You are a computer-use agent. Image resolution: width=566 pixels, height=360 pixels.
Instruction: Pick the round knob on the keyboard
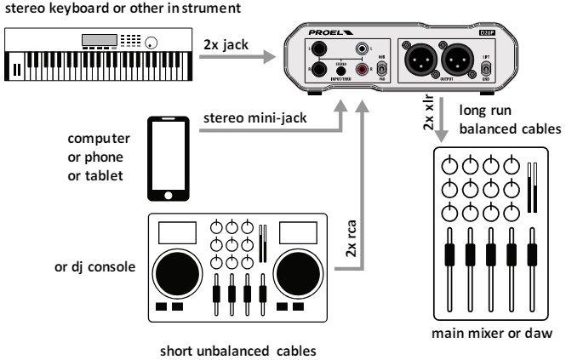coord(153,43)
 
